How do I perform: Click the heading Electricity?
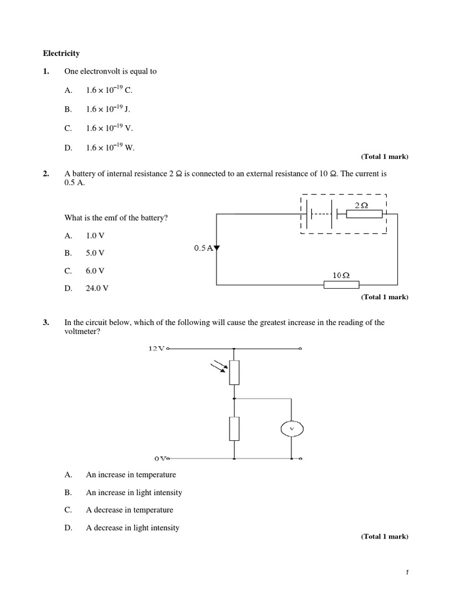pyautogui.click(x=61, y=53)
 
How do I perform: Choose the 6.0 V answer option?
pyautogui.click(x=95, y=271)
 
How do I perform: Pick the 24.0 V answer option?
pyautogui.click(x=97, y=289)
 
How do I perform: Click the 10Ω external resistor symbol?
pyautogui.click(x=341, y=285)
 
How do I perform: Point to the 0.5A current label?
pyautogui.click(x=203, y=248)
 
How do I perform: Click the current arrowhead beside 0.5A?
pyautogui.click(x=217, y=248)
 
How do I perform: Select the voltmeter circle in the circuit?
pyautogui.click(x=291, y=430)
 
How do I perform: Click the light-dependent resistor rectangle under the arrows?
pyautogui.click(x=234, y=372)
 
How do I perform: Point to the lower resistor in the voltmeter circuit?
pyautogui.click(x=234, y=429)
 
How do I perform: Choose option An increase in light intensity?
pyautogui.click(x=134, y=493)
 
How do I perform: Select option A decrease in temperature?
pyautogui.click(x=129, y=510)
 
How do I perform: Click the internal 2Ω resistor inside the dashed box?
pyautogui.click(x=364, y=215)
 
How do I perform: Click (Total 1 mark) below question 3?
pyautogui.click(x=384, y=537)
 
